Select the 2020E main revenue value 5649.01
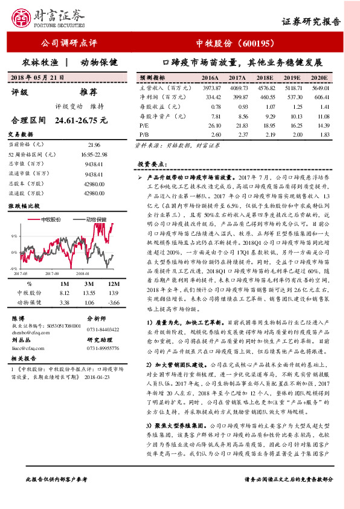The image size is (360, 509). click(319, 88)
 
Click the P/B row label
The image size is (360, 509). click(144, 134)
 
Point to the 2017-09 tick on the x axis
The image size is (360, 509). click(51, 273)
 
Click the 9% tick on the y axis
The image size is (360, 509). click(14, 235)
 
